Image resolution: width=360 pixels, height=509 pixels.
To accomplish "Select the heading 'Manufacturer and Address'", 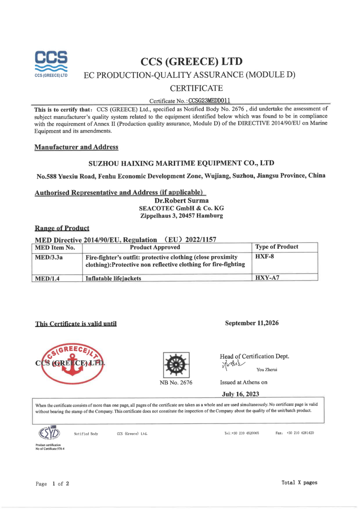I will tap(76, 147).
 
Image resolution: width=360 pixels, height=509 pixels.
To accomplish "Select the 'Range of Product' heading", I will tap(62, 228).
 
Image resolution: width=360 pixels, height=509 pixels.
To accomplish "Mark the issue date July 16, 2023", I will tap(242, 393).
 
